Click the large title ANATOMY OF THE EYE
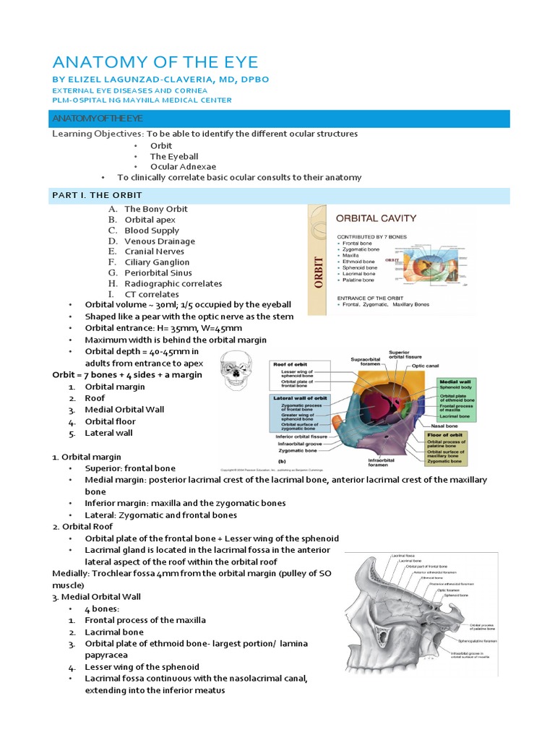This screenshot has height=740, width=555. tap(155, 62)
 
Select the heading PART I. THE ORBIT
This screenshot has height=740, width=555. tap(97, 195)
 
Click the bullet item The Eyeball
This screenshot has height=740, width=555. tap(173, 156)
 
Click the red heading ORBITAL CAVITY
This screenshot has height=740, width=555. tap(375, 218)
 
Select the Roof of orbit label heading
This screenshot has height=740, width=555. tap(291, 364)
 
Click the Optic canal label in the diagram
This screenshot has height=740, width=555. tap(426, 366)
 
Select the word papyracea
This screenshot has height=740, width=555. tap(108, 655)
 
